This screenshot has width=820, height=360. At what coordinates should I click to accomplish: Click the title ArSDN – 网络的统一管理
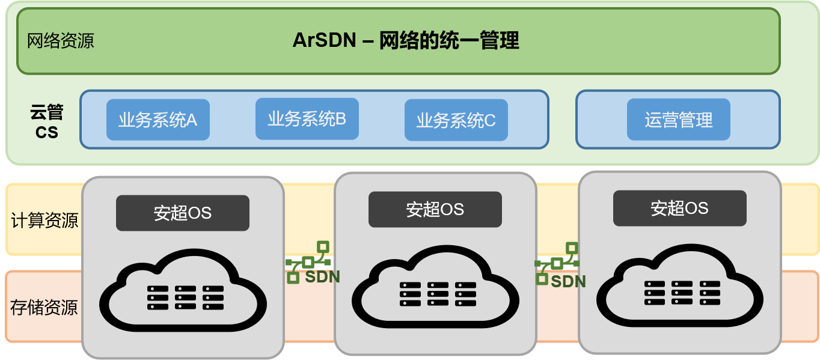406,41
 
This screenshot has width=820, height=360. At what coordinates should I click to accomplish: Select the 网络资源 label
61,41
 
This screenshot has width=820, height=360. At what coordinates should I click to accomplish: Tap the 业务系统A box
158,120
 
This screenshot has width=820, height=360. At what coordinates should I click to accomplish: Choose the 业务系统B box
307,119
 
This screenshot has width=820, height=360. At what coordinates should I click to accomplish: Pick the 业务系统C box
456,120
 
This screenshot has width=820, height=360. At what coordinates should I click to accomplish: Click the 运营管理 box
678,120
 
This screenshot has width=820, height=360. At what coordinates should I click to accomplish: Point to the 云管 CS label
47,122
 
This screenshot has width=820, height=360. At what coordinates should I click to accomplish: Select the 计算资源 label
44,220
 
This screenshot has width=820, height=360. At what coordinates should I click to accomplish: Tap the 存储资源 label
44,308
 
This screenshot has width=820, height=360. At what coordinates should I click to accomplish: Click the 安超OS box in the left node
183,213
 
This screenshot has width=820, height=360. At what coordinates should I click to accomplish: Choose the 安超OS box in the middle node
435,209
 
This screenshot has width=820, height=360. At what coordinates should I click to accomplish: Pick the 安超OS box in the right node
679,208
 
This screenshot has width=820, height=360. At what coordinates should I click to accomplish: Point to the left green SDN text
322,277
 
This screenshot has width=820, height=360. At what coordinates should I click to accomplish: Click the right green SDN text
568,281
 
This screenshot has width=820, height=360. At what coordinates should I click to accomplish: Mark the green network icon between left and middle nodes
308,262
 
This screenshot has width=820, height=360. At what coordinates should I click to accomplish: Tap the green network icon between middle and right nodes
557,263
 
